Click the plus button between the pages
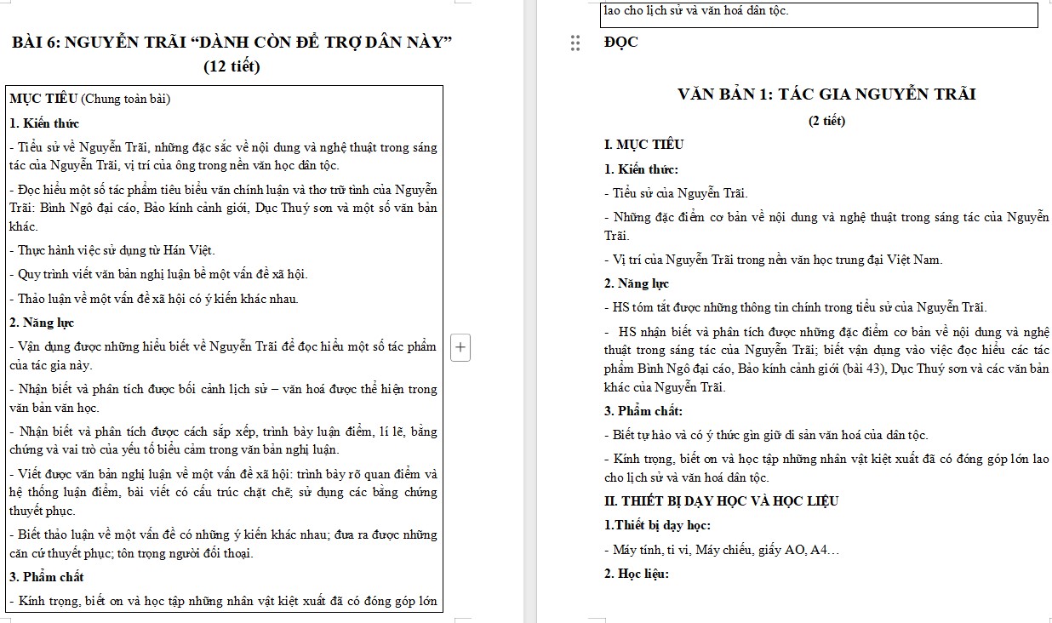tap(460, 347)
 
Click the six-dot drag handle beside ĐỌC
tap(576, 43)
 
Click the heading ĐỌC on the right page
tap(620, 43)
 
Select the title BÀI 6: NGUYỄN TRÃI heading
tap(232, 42)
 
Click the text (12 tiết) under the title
tap(232, 66)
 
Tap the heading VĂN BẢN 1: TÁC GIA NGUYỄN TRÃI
tap(826, 94)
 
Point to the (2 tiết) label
tap(826, 121)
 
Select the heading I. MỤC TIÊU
tap(644, 145)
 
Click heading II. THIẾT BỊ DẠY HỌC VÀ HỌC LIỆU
tap(721, 501)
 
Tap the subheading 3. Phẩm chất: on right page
tap(643, 411)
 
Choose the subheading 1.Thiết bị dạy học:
tap(658, 525)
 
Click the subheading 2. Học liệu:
tap(637, 574)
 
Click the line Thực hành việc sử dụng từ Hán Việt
tap(112, 250)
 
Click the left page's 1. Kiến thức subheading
tap(44, 123)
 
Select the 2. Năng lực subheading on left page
tap(42, 323)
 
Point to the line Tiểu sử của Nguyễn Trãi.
tap(677, 193)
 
